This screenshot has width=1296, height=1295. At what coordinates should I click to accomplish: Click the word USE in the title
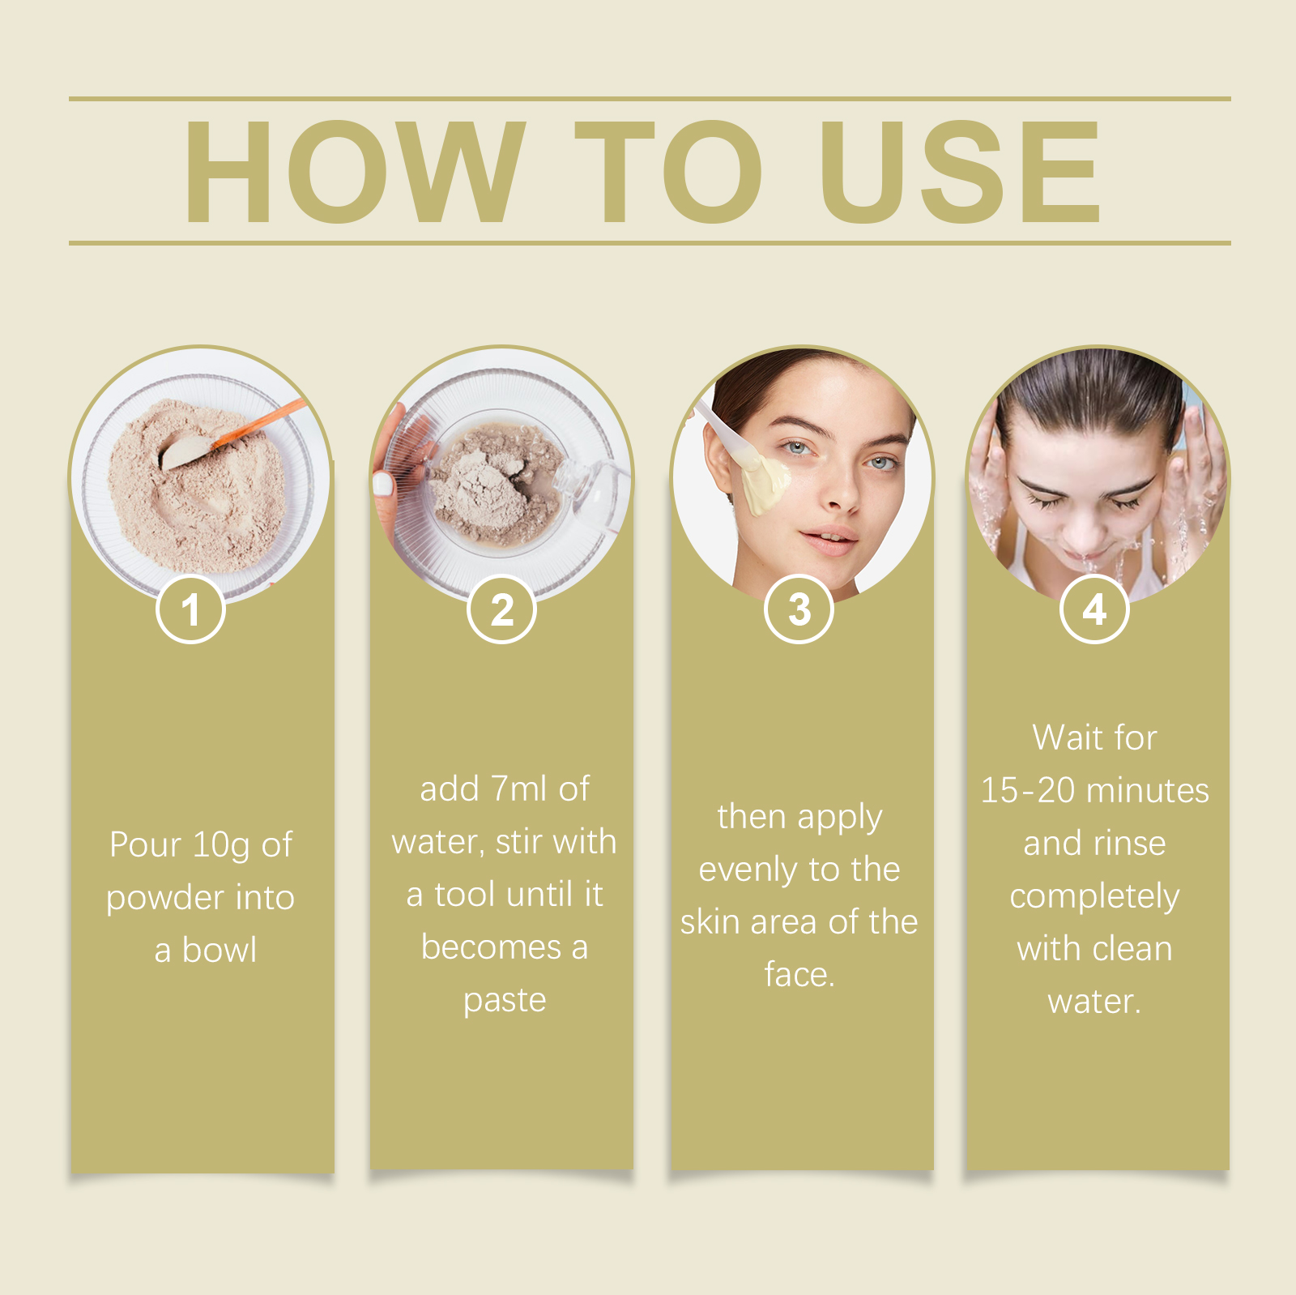click(x=960, y=171)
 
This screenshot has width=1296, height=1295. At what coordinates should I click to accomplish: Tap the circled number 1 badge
click(x=190, y=609)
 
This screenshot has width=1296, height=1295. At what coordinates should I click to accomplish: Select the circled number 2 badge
click(x=502, y=609)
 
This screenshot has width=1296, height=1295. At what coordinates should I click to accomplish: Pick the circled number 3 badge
click(x=799, y=609)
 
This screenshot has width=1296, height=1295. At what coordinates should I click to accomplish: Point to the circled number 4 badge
click(x=1094, y=609)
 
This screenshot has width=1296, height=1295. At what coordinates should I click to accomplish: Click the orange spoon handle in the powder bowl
click(x=259, y=423)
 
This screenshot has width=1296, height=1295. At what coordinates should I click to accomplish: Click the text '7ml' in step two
click(x=519, y=789)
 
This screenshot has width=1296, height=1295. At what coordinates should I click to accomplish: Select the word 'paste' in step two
click(x=505, y=1001)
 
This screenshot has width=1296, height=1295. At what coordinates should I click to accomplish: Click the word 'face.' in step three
click(x=799, y=974)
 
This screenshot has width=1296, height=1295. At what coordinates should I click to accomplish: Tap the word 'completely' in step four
click(x=1094, y=897)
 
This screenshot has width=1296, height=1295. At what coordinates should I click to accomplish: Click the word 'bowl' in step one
click(x=220, y=950)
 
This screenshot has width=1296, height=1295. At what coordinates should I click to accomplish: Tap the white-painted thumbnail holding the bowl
click(x=382, y=485)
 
